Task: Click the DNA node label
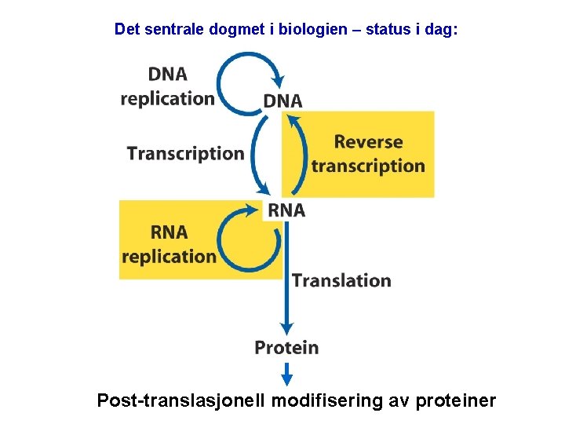[282, 101]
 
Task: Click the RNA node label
[286, 210]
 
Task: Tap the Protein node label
[286, 347]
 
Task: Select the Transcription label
[185, 153]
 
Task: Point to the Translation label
[341, 280]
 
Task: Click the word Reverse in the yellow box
[368, 142]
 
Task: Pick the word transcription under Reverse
[368, 166]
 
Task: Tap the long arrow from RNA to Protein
[286, 275]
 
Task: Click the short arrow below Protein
[286, 369]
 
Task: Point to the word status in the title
[388, 30]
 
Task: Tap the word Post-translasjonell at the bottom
[181, 401]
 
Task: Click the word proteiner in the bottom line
[456, 401]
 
